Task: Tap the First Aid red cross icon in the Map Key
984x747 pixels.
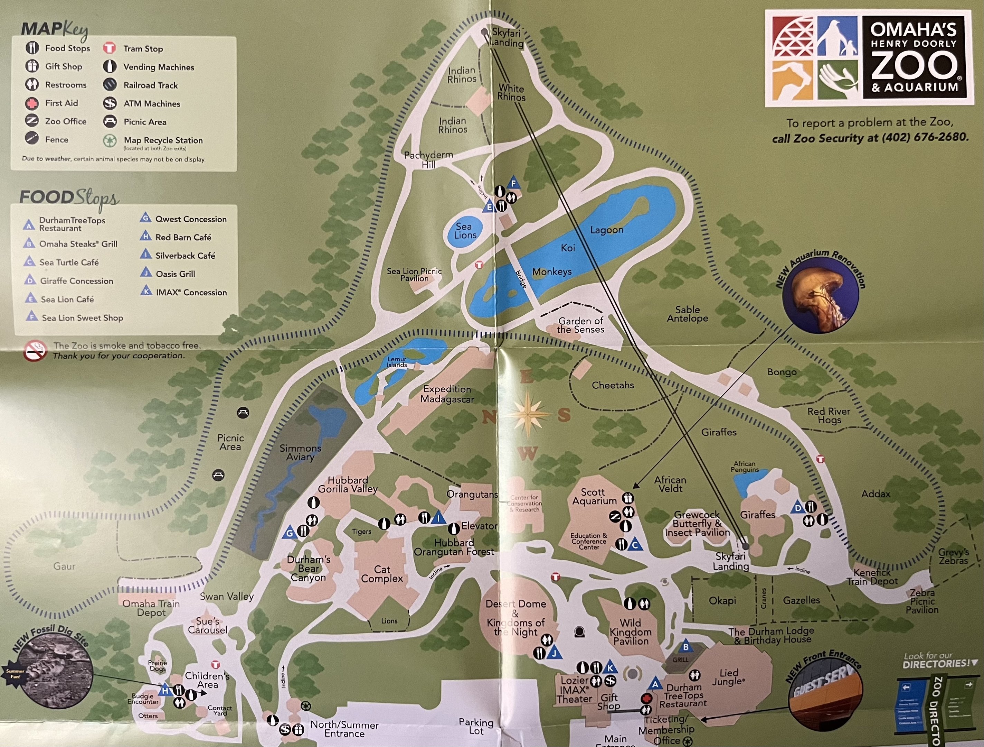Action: [31, 103]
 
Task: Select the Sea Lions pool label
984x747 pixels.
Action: [465, 231]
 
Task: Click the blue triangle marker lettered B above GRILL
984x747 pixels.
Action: [685, 647]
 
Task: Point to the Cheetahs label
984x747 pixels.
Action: [613, 385]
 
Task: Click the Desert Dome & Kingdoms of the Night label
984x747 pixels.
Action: [515, 618]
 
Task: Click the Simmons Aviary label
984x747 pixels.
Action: [300, 452]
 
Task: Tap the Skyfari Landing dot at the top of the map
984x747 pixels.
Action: [485, 32]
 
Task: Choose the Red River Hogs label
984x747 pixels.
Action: [828, 415]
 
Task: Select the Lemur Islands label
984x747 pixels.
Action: [397, 362]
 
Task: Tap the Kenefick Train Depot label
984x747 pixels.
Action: [872, 577]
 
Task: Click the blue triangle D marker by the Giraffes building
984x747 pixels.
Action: [798, 507]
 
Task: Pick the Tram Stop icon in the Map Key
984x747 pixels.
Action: [110, 48]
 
